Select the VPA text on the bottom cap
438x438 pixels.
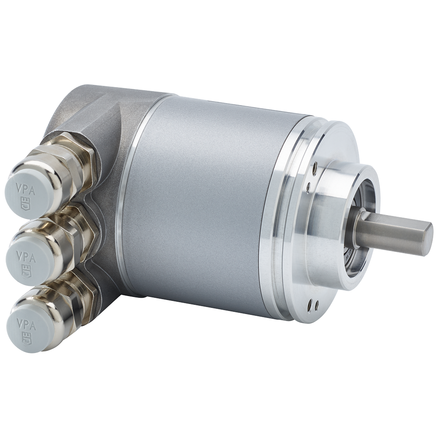click(26, 325)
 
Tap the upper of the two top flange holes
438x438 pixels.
click(315, 168)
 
